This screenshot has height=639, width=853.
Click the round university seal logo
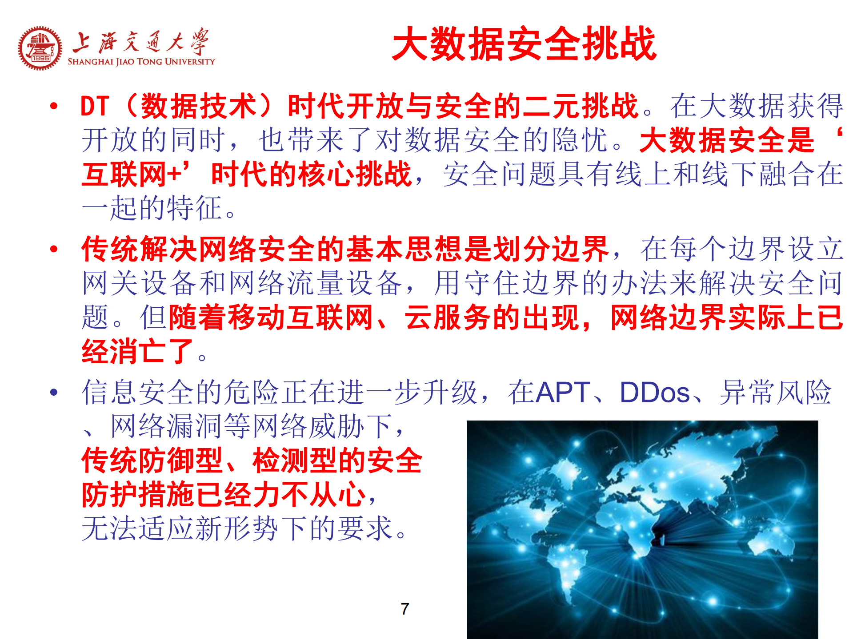tap(40, 48)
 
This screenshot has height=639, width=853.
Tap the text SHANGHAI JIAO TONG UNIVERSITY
tap(141, 62)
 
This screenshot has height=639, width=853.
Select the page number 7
tap(404, 608)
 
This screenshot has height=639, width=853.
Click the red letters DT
tap(95, 107)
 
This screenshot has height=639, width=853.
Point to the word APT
tap(563, 393)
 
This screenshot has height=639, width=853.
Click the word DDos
tap(654, 393)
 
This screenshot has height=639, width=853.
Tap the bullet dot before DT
tap(54, 106)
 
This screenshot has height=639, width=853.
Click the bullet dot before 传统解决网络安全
tap(54, 249)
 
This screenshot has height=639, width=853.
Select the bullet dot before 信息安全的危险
tap(54, 392)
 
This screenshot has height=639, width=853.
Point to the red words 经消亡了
tap(137, 352)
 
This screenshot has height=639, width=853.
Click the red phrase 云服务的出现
tap(492, 318)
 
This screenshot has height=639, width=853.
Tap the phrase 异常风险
tap(775, 393)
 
